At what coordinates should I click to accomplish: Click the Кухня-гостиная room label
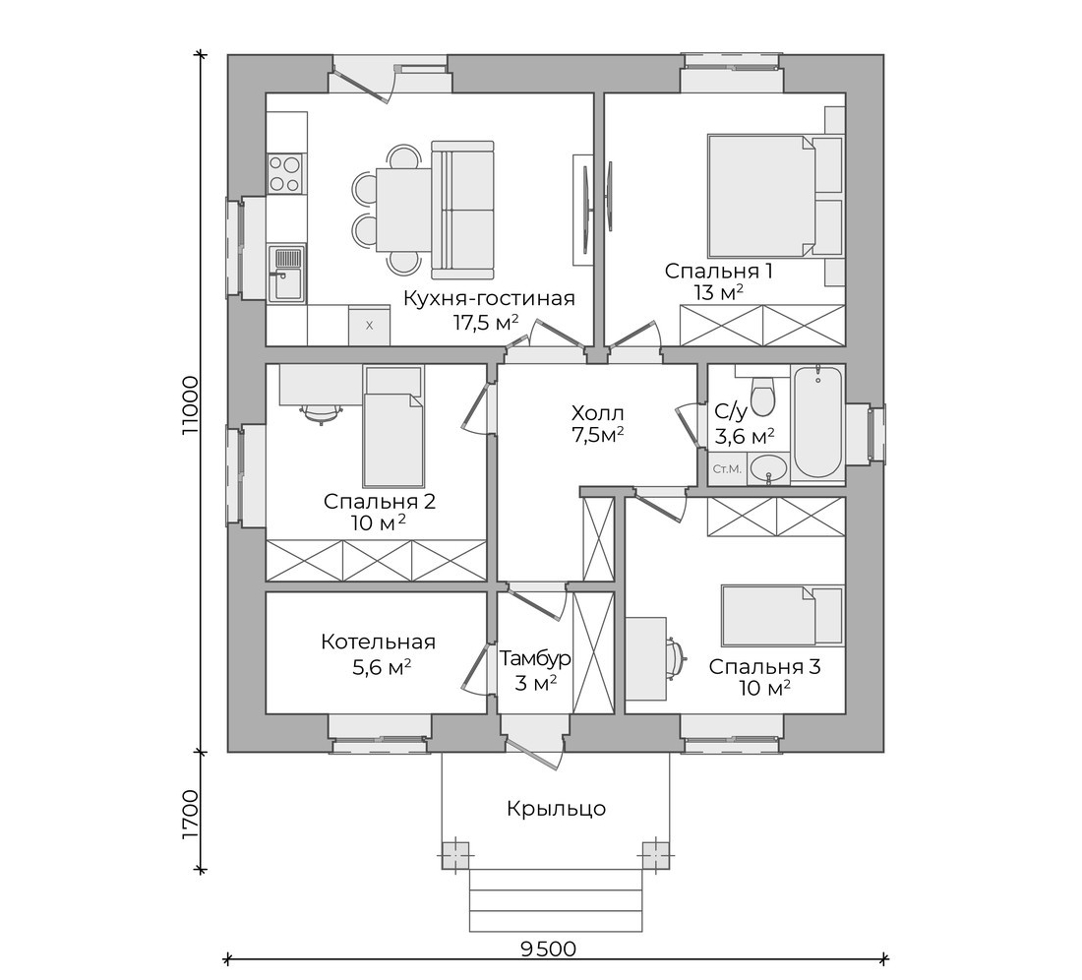tap(489, 299)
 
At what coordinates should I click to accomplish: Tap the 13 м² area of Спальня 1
tap(719, 292)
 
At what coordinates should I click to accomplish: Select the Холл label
tap(598, 413)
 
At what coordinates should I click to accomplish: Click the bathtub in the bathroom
tap(817, 422)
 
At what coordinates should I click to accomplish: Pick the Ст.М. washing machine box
tap(727, 469)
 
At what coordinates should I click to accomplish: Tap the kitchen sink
tap(285, 274)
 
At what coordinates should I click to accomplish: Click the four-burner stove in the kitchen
tap(285, 173)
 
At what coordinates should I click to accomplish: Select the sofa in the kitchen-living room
tap(462, 206)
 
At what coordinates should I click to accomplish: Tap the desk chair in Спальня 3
tap(677, 656)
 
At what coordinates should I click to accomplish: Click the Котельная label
tap(378, 642)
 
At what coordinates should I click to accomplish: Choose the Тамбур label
tap(535, 658)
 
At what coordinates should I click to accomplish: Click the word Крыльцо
tap(556, 808)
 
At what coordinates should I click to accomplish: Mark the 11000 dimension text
tap(190, 404)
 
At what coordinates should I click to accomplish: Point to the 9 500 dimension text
tap(548, 949)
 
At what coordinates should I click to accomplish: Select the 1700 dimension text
tap(190, 815)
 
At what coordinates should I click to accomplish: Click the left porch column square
tap(455, 854)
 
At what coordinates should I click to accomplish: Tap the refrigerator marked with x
tap(369, 325)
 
